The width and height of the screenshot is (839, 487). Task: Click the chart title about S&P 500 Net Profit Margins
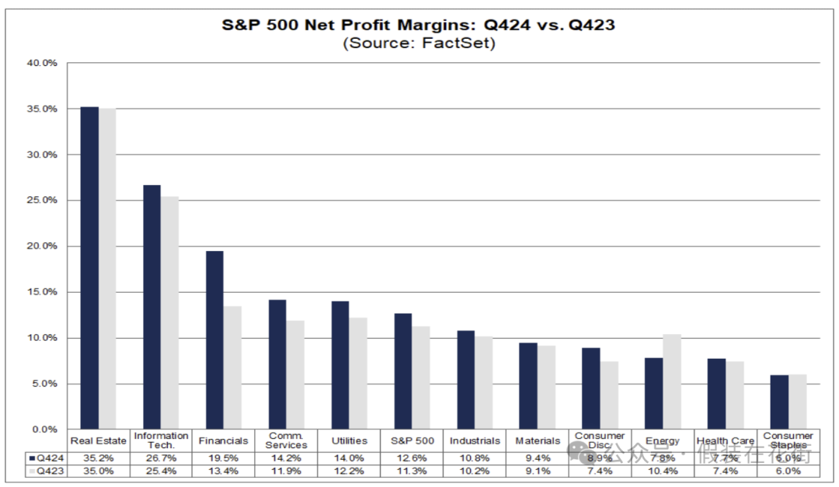pyautogui.click(x=419, y=25)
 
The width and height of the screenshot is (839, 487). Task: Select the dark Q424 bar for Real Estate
pyautogui.click(x=89, y=268)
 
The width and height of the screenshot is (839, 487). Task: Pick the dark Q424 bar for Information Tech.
pyautogui.click(x=151, y=307)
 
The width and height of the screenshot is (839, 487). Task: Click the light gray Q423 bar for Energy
pyautogui.click(x=672, y=381)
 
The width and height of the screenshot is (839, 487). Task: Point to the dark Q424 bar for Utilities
pyautogui.click(x=339, y=365)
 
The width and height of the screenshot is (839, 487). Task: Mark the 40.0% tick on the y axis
pyautogui.click(x=43, y=63)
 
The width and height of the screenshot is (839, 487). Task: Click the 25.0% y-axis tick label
pyautogui.click(x=43, y=200)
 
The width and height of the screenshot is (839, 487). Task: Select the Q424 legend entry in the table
pyautogui.click(x=46, y=458)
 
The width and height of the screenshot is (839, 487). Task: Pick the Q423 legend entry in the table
pyautogui.click(x=46, y=471)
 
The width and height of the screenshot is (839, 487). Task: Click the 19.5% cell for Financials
pyautogui.click(x=223, y=458)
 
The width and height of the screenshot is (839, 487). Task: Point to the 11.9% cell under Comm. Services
pyautogui.click(x=286, y=471)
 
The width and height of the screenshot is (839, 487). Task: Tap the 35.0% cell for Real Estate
pyautogui.click(x=98, y=471)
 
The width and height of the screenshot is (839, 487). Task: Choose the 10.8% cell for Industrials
pyautogui.click(x=475, y=458)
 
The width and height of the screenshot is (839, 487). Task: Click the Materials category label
pyautogui.click(x=538, y=441)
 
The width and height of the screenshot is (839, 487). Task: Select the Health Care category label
pyautogui.click(x=726, y=441)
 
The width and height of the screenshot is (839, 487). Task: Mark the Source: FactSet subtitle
pyautogui.click(x=419, y=43)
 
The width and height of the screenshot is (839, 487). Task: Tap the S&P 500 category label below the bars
pyautogui.click(x=412, y=441)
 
